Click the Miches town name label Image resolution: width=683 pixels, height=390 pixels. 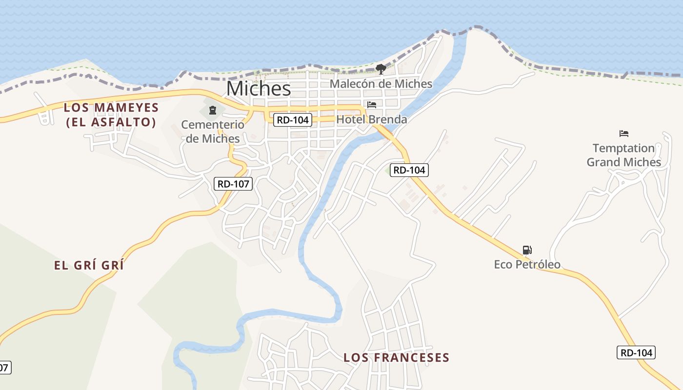tap(259, 89)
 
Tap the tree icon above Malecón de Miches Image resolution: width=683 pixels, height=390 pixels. tap(381, 69)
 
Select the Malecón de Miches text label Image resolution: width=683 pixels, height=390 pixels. tap(381, 84)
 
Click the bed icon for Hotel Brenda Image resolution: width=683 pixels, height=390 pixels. tap(372, 105)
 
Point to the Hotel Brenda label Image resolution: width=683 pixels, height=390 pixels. tap(372, 119)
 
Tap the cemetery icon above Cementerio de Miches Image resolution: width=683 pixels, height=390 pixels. tap(212, 110)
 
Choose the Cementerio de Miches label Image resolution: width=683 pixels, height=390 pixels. tap(213, 132)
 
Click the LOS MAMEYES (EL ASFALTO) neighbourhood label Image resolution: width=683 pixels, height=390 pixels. tap(111, 115)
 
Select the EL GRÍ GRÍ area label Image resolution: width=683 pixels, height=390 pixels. tap(89, 266)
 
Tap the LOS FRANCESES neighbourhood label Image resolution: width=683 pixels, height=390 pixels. tap(396, 358)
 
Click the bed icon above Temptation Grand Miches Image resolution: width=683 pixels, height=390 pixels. tap(623, 134)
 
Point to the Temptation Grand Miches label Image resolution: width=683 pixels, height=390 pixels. tap(623, 155)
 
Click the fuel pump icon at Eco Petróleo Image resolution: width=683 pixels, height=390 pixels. tap(527, 250)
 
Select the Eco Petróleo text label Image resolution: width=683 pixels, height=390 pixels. tap(527, 265)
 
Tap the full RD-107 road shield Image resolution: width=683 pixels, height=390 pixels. tap(233, 184)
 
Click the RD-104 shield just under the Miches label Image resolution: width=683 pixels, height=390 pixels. tap(293, 120)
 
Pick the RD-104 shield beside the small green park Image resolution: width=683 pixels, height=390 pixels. tap(409, 170)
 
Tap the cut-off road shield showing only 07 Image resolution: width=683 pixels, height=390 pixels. tap(4, 368)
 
